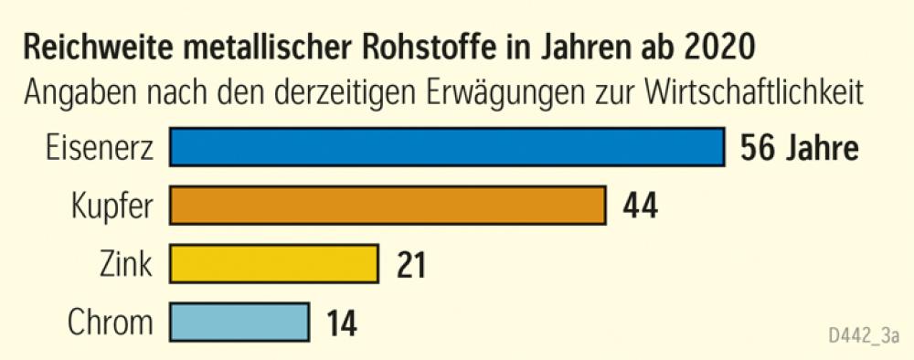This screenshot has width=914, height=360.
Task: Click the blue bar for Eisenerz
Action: (446, 147)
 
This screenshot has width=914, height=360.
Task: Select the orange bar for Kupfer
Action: (388, 205)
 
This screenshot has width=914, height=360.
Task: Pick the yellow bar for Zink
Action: (274, 263)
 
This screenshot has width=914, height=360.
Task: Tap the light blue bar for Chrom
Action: (239, 322)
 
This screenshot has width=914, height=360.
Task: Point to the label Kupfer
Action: (110, 206)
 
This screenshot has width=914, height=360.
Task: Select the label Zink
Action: (124, 264)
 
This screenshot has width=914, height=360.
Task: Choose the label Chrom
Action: (112, 322)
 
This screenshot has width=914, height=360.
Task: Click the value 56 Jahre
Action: (799, 147)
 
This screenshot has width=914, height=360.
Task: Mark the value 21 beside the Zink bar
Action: (410, 264)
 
